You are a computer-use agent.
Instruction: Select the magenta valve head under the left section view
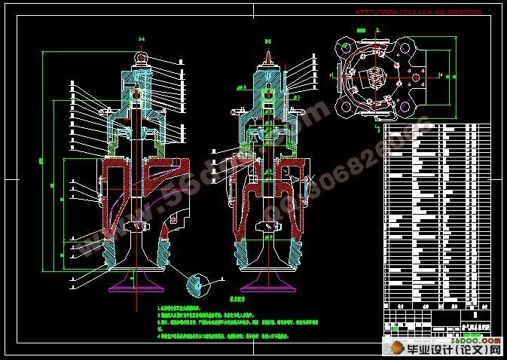(x=136, y=285)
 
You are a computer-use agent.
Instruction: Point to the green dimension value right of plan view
(x=452, y=77)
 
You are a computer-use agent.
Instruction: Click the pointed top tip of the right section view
(x=270, y=45)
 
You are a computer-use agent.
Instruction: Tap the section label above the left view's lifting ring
(x=139, y=39)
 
